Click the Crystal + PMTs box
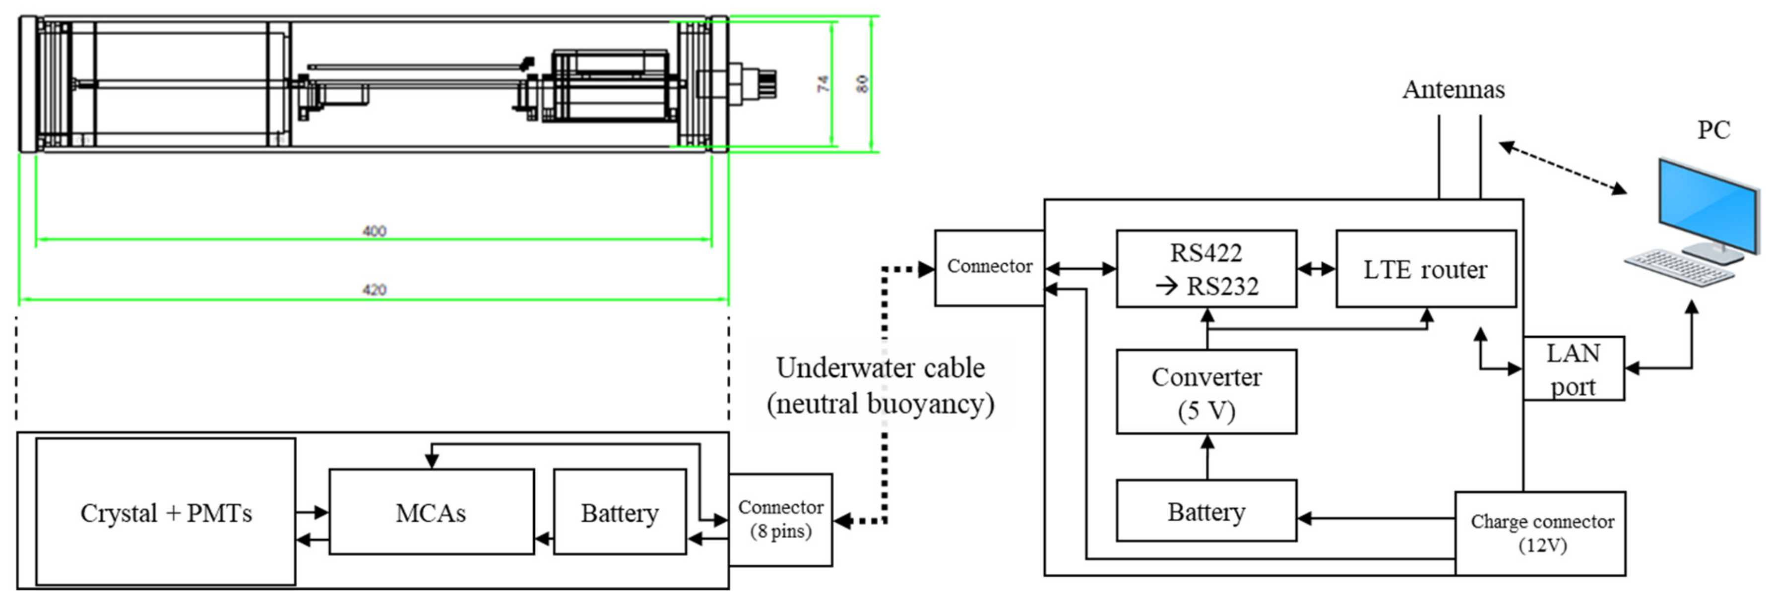[166, 512]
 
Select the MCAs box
[431, 512]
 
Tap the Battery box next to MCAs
[620, 512]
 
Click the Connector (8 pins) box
[780, 519]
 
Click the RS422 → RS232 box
[1206, 269]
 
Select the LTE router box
[1425, 269]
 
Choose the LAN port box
[1573, 369]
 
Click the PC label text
[1713, 130]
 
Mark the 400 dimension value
[374, 231]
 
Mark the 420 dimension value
[374, 290]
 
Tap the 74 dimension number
[823, 84]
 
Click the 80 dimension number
[862, 84]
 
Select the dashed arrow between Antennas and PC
[1562, 167]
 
